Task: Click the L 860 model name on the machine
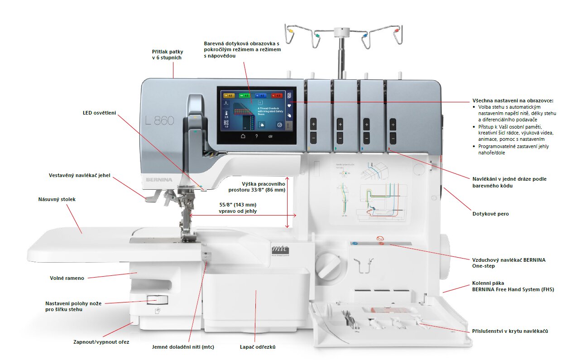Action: point(160,120)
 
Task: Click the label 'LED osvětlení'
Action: point(100,113)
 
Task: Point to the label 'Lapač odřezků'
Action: point(258,347)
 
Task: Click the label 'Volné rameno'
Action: point(67,278)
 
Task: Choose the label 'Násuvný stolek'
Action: point(57,199)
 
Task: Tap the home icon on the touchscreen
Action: point(243,136)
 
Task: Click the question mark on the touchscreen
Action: point(257,136)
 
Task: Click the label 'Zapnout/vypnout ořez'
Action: point(101,342)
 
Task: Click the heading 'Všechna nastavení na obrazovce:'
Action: point(513,101)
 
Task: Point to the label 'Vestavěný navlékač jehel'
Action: point(80,175)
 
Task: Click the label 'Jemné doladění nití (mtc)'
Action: point(183,347)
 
